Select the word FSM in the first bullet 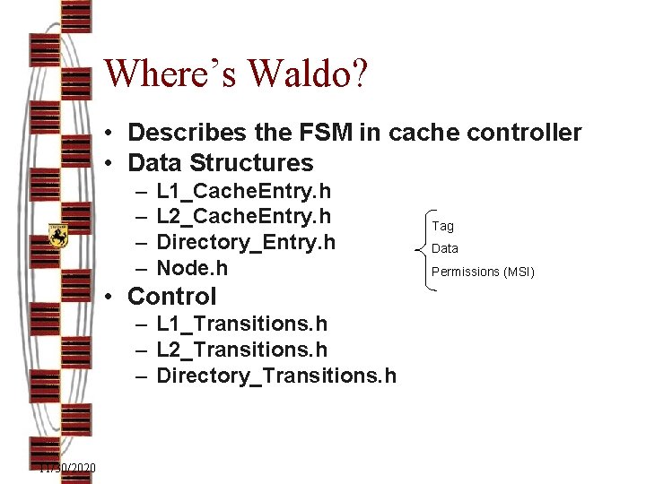tap(319, 133)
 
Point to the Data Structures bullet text tap(221, 163)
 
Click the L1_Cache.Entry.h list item tap(243, 191)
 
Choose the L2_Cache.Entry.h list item tap(243, 216)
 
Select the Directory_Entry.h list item tap(246, 242)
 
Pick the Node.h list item tap(192, 268)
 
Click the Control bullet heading tap(172, 296)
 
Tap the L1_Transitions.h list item tap(241, 324)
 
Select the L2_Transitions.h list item tap(241, 350)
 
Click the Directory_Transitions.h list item tap(275, 376)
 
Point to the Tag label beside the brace tap(443, 226)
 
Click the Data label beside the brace tap(445, 248)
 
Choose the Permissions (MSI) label tap(483, 272)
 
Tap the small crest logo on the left tap(58, 235)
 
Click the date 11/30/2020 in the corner tap(68, 469)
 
